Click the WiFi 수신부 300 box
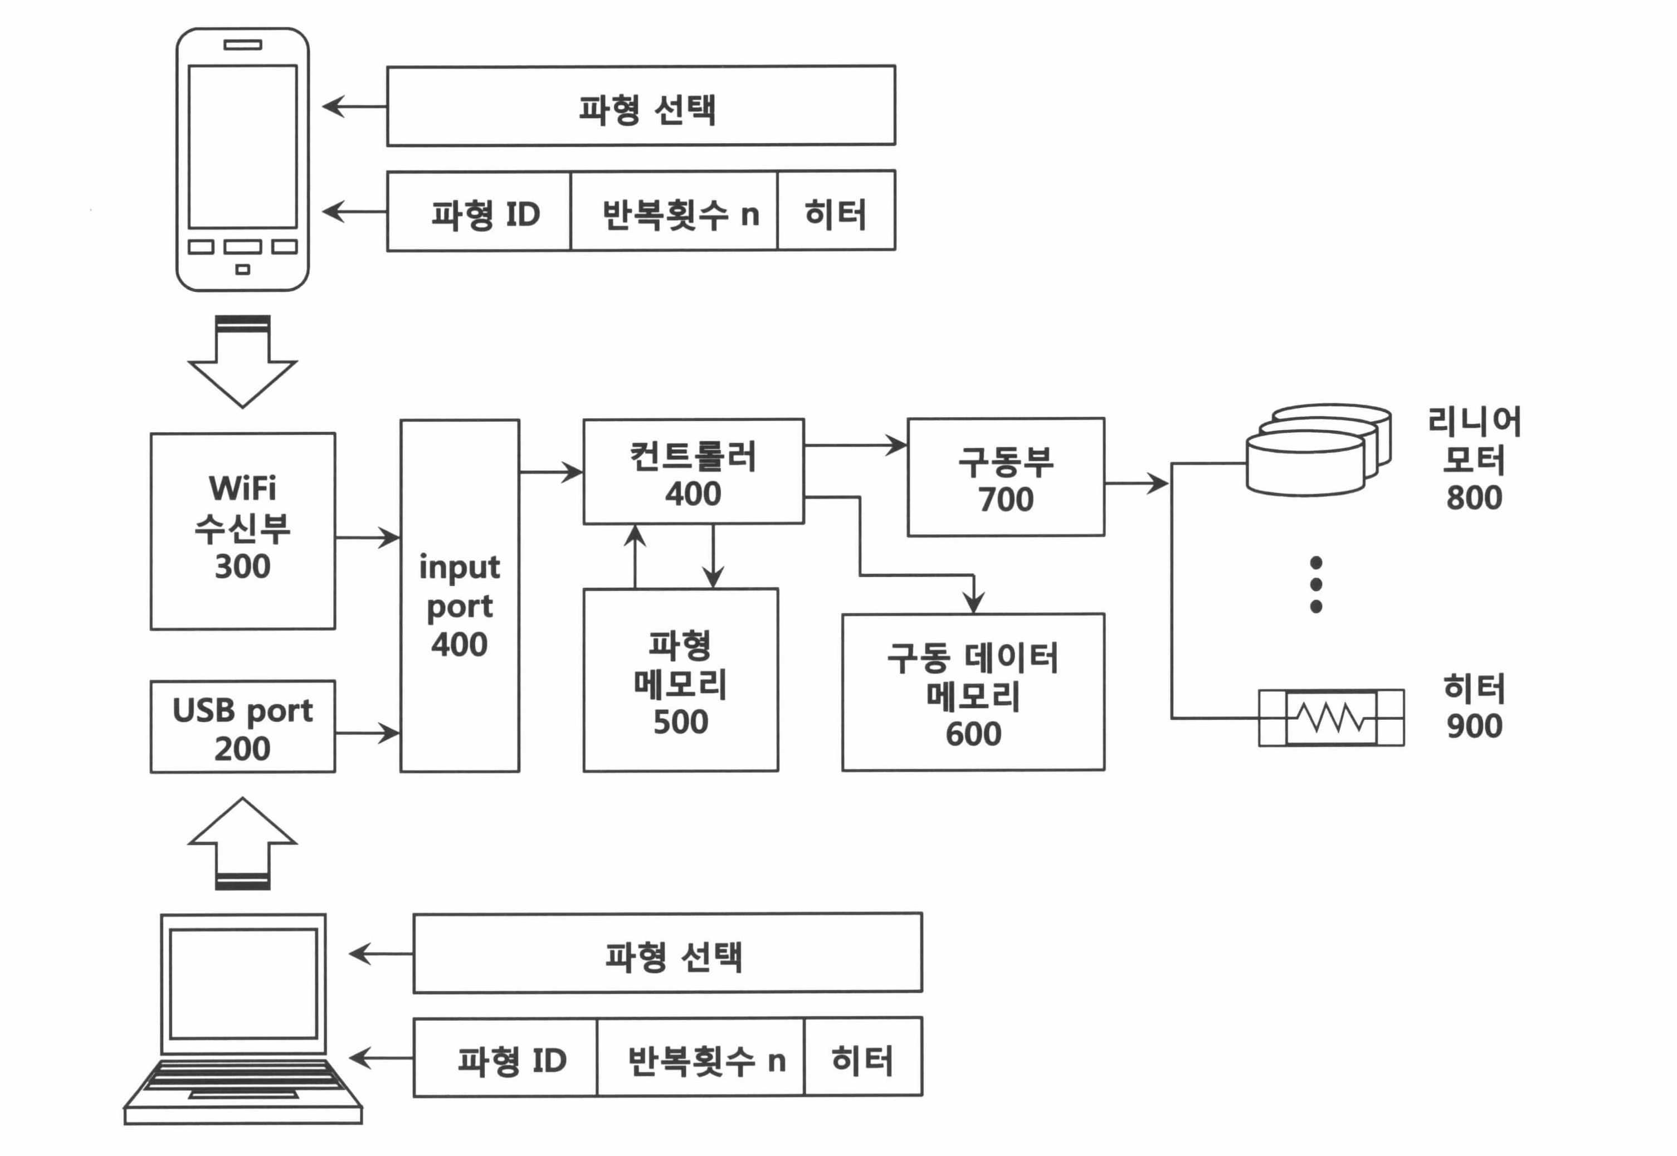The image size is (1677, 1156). (243, 531)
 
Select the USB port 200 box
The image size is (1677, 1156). (243, 726)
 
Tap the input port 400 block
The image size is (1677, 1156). (460, 596)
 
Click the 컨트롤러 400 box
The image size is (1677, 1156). (693, 471)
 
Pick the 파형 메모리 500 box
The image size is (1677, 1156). (681, 680)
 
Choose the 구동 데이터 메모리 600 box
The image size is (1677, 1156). (973, 692)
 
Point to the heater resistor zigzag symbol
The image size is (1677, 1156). (1332, 717)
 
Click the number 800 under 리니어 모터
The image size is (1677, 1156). (1474, 497)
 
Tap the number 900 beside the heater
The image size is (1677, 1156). (1474, 726)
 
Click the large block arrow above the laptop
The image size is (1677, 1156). (243, 843)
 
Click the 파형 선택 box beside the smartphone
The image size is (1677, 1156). (641, 106)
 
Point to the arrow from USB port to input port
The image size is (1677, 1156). (367, 733)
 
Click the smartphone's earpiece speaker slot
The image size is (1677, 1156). (243, 44)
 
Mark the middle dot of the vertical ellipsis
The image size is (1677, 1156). (1316, 584)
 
